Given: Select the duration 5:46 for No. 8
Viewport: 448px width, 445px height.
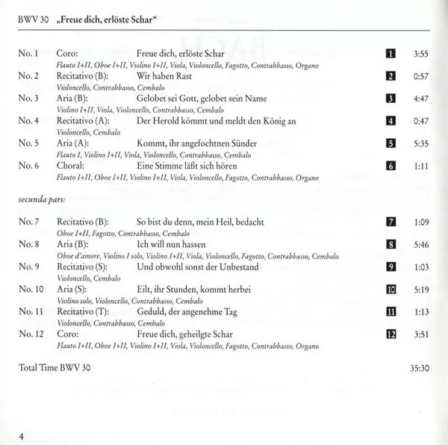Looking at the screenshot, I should click(420, 244).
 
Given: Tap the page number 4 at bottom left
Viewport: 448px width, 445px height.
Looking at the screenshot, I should click(22, 436).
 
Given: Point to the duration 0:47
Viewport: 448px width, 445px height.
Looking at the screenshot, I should click(420, 121).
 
